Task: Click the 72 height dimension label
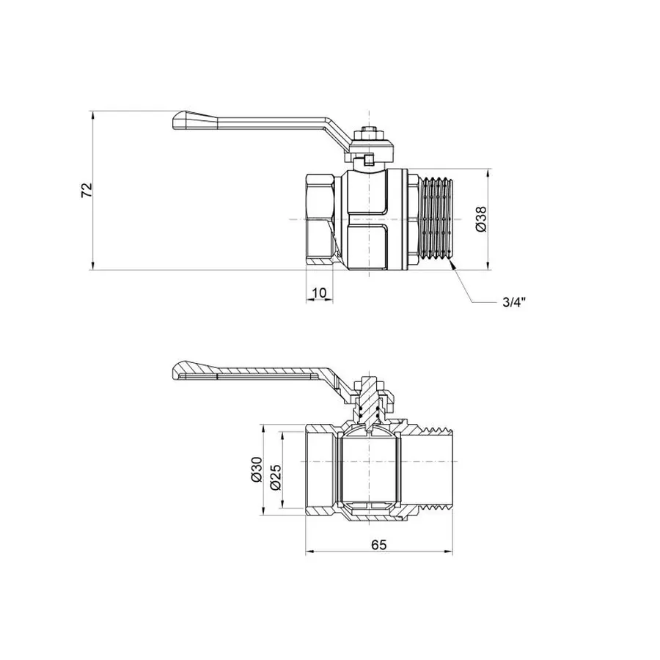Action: pyautogui.click(x=87, y=190)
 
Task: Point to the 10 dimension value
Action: pyautogui.click(x=319, y=293)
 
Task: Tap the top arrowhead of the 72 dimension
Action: pyautogui.click(x=94, y=116)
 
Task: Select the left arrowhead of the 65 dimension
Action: pyautogui.click(x=308, y=551)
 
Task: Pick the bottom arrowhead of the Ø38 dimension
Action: pyautogui.click(x=488, y=265)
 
